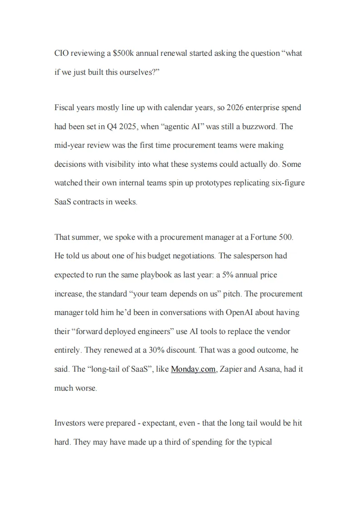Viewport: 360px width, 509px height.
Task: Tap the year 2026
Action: click(x=236, y=108)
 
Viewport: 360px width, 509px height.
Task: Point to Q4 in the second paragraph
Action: click(x=112, y=127)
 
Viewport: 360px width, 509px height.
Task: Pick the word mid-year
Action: click(x=71, y=145)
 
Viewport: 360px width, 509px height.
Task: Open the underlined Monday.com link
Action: click(x=193, y=369)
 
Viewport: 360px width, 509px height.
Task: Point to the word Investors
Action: click(x=71, y=423)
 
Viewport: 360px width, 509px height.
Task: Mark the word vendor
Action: click(x=278, y=332)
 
